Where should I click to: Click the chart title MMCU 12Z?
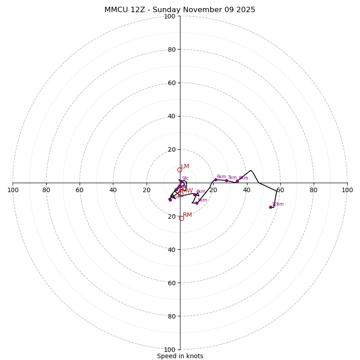180,10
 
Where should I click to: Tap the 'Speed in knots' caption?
180,356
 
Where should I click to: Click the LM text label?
185,166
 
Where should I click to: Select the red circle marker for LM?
180,170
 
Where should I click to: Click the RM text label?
187,215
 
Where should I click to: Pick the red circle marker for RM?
181,218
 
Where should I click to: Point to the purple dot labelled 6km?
216,180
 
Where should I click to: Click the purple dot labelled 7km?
226,180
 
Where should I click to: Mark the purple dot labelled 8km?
237,181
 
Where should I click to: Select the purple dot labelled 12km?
270,207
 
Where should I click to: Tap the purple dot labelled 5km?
197,203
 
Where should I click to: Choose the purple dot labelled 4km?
194,194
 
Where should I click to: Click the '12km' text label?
278,204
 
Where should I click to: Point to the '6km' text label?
221,177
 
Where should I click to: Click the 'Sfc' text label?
185,179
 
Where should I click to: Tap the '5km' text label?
202,200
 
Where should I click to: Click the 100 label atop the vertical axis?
169,17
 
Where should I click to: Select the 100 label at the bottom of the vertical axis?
169,350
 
